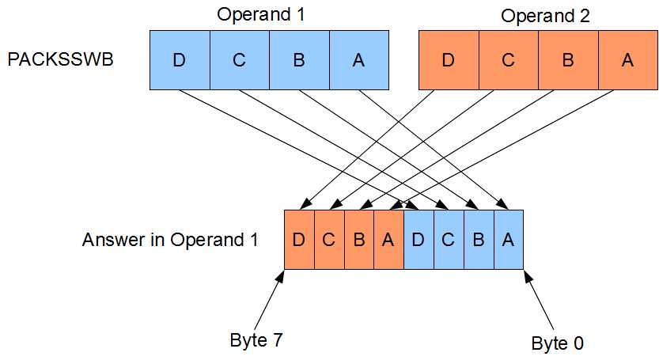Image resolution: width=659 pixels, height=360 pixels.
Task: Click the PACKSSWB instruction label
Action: tap(61, 60)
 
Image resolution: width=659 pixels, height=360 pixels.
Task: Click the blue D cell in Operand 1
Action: tap(180, 60)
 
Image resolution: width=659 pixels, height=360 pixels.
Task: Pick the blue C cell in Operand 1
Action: tap(239, 60)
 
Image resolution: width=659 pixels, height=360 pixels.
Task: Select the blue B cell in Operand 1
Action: tap(299, 60)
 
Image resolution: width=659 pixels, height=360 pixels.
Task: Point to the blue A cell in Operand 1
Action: tap(358, 60)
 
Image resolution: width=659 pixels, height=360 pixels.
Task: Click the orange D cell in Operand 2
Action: tap(448, 60)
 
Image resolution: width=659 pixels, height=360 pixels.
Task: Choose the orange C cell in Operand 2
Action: tap(508, 60)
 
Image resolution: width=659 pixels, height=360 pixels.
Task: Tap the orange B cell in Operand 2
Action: tap(568, 60)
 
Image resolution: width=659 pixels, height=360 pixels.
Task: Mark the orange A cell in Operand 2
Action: tap(627, 60)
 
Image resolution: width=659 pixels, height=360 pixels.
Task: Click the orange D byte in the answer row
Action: tap(299, 240)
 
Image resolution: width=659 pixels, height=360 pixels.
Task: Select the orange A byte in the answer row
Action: tap(388, 240)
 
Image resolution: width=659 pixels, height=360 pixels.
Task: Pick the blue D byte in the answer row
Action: tap(419, 240)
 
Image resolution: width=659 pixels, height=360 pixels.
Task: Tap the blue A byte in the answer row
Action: tap(509, 240)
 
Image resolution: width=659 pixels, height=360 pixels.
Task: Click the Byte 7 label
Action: tap(256, 340)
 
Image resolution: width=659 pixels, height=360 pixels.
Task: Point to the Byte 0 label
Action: tap(558, 343)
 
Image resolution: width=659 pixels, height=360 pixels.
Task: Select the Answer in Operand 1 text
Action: tap(170, 240)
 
